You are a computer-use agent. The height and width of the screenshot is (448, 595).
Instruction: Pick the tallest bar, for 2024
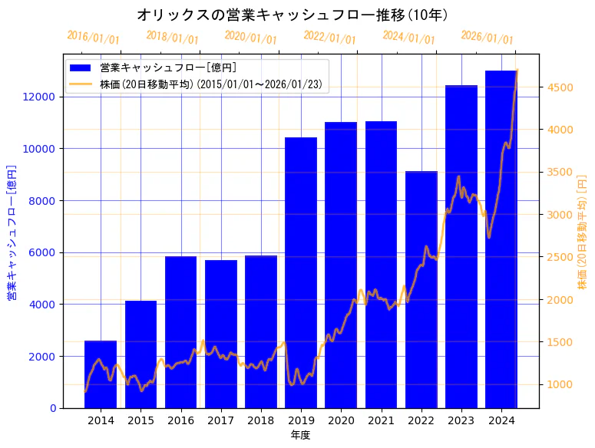501,239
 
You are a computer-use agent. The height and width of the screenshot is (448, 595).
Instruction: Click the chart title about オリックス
293,15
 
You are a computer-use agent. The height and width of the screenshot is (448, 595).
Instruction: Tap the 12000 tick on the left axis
40,97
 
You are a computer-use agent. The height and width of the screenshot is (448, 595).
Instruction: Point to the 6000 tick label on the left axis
43,252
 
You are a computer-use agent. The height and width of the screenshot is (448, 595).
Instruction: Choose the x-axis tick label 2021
382,420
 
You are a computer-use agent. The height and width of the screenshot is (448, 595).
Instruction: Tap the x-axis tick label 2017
221,420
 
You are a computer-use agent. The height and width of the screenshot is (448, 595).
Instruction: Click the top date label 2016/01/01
93,38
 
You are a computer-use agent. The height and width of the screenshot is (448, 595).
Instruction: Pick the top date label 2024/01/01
408,38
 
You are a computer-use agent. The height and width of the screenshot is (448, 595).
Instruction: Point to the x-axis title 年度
300,436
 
